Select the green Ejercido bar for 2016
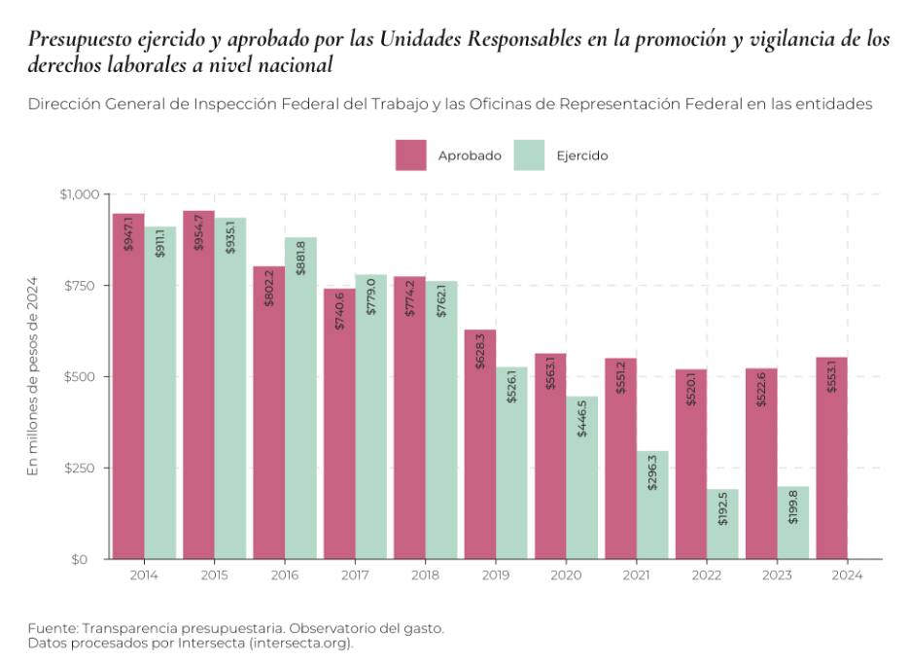tap(300, 399)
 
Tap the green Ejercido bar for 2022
tap(723, 524)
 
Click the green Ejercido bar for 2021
tap(652, 504)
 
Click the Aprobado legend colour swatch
tap(411, 156)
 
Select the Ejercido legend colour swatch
tap(529, 156)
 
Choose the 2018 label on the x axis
tap(426, 576)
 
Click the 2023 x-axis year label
tap(778, 576)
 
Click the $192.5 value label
tap(723, 509)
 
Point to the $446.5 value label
tap(582, 417)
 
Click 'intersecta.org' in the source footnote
tap(300, 644)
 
